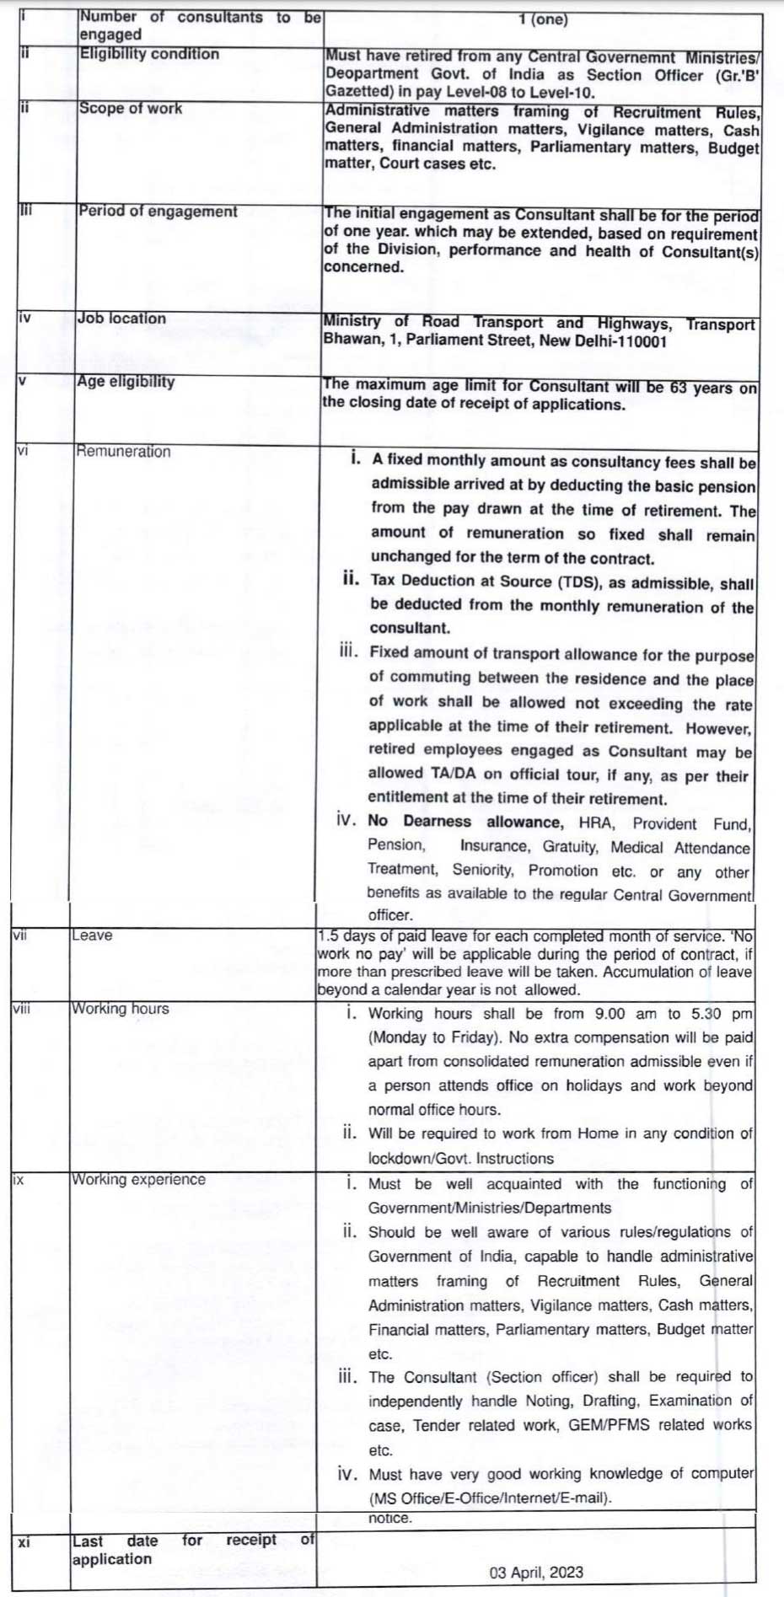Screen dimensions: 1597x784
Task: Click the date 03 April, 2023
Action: click(x=536, y=1573)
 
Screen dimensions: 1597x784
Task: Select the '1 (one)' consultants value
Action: click(x=543, y=19)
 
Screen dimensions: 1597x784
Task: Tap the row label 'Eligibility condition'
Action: click(x=149, y=54)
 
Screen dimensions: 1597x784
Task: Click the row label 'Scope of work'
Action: click(x=131, y=109)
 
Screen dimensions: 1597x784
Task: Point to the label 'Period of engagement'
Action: click(x=158, y=212)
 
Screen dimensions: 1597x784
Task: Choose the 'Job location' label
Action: click(x=121, y=319)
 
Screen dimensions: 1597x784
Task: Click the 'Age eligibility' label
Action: click(x=126, y=382)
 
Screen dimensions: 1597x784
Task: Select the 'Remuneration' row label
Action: click(x=123, y=452)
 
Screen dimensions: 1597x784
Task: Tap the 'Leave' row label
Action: click(x=92, y=935)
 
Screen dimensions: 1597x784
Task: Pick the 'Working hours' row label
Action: click(x=120, y=1009)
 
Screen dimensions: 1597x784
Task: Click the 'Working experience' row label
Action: click(x=138, y=1180)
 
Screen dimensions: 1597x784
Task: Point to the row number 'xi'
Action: click(x=24, y=1542)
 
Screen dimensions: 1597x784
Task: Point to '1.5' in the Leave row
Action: click(x=329, y=935)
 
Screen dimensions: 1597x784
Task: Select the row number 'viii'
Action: click(x=22, y=1009)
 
